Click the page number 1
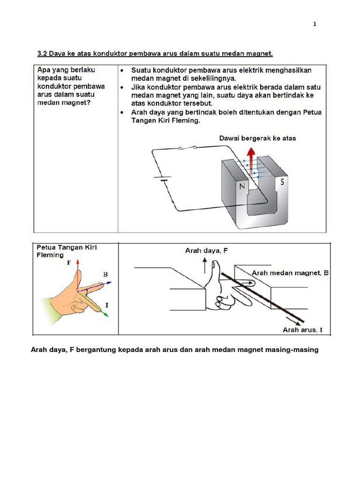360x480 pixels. pyautogui.click(x=315, y=24)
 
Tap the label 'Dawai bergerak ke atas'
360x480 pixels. pyautogui.click(x=257, y=138)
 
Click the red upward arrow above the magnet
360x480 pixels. pyautogui.click(x=251, y=159)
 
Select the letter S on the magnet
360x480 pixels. pyautogui.click(x=282, y=182)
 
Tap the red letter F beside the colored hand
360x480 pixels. pyautogui.click(x=69, y=263)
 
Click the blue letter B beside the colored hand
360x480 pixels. pyautogui.click(x=105, y=274)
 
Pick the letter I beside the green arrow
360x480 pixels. pyautogui.click(x=107, y=305)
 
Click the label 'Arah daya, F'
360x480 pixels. pyautogui.click(x=206, y=251)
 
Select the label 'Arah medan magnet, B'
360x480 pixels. pyautogui.click(x=290, y=273)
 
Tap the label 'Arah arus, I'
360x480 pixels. pyautogui.click(x=302, y=330)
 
